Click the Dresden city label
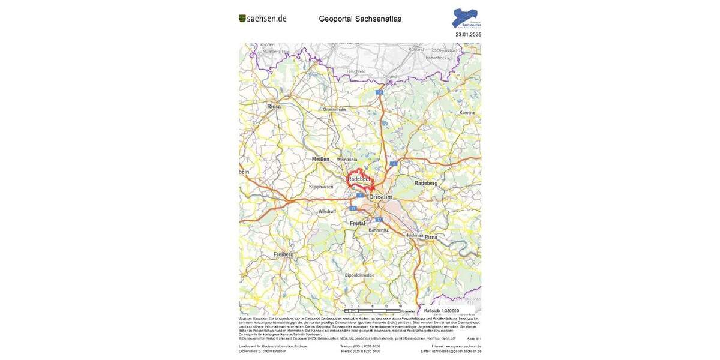click(x=381, y=197)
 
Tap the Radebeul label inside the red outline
click(x=359, y=179)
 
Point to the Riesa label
click(x=274, y=106)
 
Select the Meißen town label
click(x=321, y=159)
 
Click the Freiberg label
click(x=283, y=254)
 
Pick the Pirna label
click(x=431, y=237)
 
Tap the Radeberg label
click(x=426, y=183)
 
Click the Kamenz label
click(x=467, y=112)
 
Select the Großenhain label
click(x=335, y=110)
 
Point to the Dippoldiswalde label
click(x=359, y=275)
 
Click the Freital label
click(x=358, y=223)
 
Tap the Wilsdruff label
click(x=328, y=211)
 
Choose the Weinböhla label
click(x=347, y=160)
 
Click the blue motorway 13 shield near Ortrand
click(x=379, y=92)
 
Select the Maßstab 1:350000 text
click(x=441, y=311)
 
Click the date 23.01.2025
click(x=468, y=35)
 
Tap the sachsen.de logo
click(x=263, y=19)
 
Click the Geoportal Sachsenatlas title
click(x=360, y=19)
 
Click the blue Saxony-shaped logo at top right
click(x=466, y=18)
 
